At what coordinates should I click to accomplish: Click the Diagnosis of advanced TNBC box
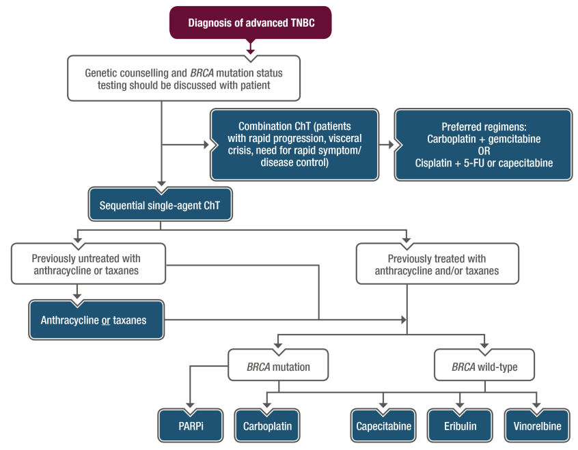click(251, 23)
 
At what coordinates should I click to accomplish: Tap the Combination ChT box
click(295, 144)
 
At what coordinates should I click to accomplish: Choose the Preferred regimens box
click(483, 144)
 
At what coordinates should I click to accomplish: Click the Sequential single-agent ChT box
click(160, 206)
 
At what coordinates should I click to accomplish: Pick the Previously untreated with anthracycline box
click(87, 264)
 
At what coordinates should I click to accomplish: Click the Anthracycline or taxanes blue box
click(96, 320)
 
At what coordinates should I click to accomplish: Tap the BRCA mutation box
click(278, 367)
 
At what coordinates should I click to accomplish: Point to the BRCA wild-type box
click(484, 367)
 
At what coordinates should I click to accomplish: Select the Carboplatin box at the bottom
click(267, 426)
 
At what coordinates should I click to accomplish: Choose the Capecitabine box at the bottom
click(383, 426)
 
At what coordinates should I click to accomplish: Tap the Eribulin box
click(459, 426)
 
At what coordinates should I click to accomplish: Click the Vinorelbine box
click(537, 426)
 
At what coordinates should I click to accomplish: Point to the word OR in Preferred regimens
click(483, 151)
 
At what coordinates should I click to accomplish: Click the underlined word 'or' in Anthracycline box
click(106, 320)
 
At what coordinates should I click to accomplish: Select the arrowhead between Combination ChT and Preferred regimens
click(391, 145)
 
